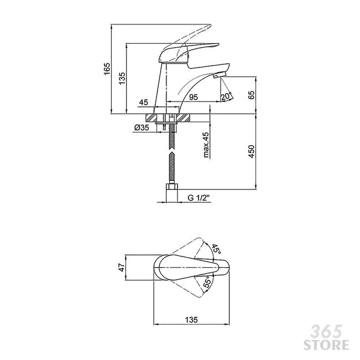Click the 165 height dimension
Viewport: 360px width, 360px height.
pos(107,68)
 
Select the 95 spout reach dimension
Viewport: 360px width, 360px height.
pos(194,97)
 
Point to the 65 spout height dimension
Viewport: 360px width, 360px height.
pos(252,95)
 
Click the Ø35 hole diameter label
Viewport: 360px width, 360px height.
pos(142,127)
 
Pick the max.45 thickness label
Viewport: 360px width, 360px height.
pos(206,145)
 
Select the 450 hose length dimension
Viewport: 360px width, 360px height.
pos(252,151)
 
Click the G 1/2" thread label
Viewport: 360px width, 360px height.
pos(199,198)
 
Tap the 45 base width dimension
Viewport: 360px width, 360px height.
pos(144,102)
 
